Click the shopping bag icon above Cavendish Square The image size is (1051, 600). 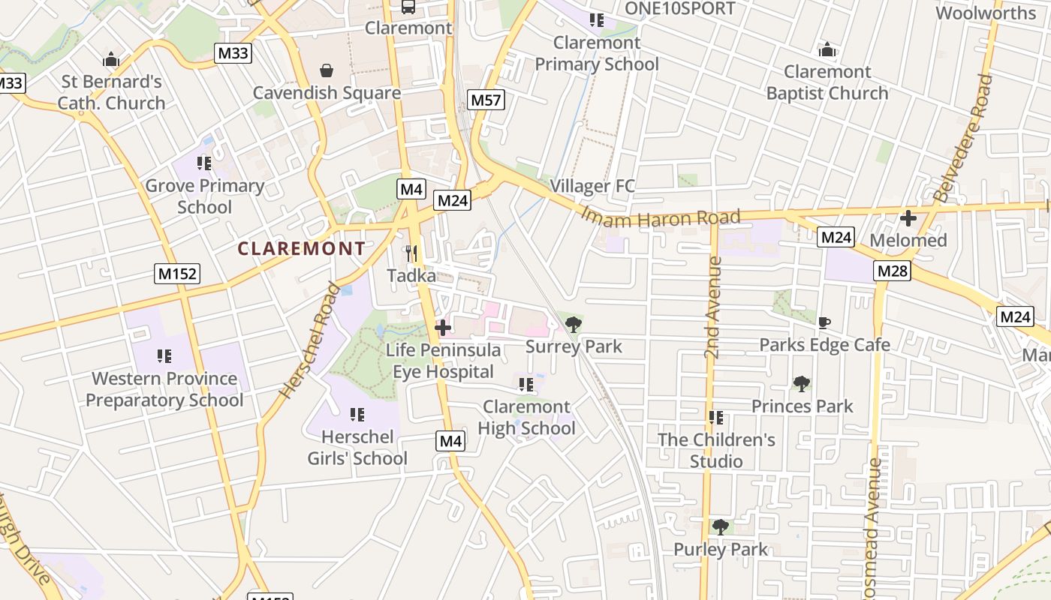click(x=327, y=71)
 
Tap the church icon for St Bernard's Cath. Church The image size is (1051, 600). click(x=111, y=59)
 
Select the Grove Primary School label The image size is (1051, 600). click(x=204, y=196)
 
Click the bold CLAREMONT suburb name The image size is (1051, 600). click(x=302, y=248)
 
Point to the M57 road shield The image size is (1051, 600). click(x=486, y=100)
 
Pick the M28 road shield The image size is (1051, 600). click(x=892, y=271)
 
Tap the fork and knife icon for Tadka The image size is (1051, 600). click(x=411, y=253)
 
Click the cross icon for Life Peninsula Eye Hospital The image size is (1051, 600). click(x=443, y=328)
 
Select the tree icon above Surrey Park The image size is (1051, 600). click(x=574, y=325)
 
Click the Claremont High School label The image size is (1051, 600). click(x=529, y=417)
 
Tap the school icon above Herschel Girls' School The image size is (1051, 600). click(x=357, y=415)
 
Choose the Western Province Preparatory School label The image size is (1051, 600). click(x=164, y=388)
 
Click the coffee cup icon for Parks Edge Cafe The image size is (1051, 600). click(x=824, y=323)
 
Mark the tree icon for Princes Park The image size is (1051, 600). click(x=802, y=384)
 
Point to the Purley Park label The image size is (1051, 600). click(x=721, y=549)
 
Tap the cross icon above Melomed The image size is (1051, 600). click(x=908, y=219)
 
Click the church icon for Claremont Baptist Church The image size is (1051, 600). click(x=827, y=50)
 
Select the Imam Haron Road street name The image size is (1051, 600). click(x=661, y=217)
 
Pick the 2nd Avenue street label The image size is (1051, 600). click(x=712, y=307)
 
